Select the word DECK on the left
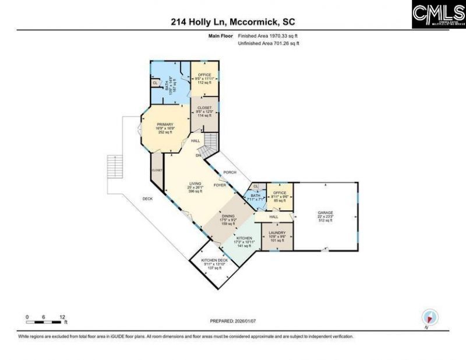pos(148,199)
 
